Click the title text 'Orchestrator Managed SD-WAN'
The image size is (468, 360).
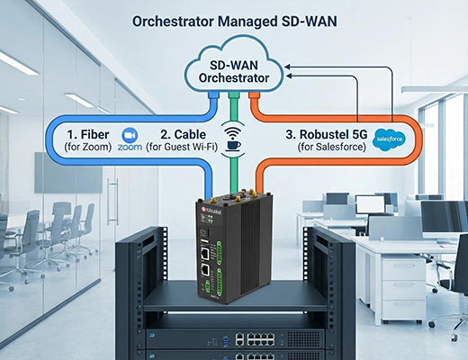234,21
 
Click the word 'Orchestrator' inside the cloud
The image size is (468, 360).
235,78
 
